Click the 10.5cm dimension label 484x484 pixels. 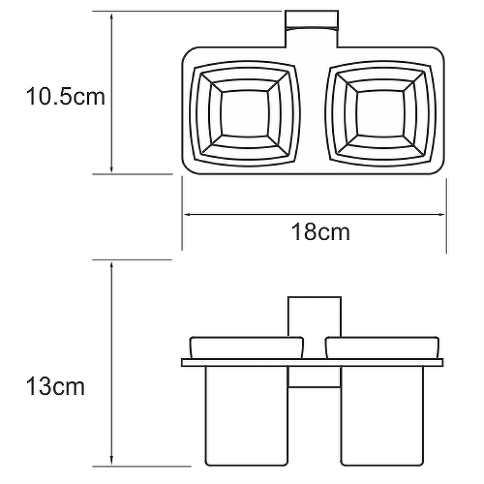click(66, 96)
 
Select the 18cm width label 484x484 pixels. click(321, 232)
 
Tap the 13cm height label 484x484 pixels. click(55, 387)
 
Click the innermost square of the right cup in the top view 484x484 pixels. click(380, 113)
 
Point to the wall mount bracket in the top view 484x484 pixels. click(312, 28)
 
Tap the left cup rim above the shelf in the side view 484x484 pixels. click(246, 347)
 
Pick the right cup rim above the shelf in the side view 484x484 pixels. click(382, 347)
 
